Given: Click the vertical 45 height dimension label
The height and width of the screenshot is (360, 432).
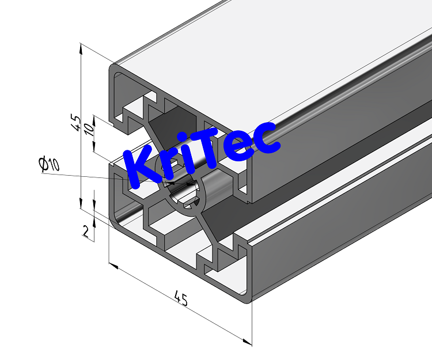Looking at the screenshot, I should point(75,122).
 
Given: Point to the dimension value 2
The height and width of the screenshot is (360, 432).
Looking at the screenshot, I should point(86,232).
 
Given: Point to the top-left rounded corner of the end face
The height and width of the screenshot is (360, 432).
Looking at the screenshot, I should point(114,70).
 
